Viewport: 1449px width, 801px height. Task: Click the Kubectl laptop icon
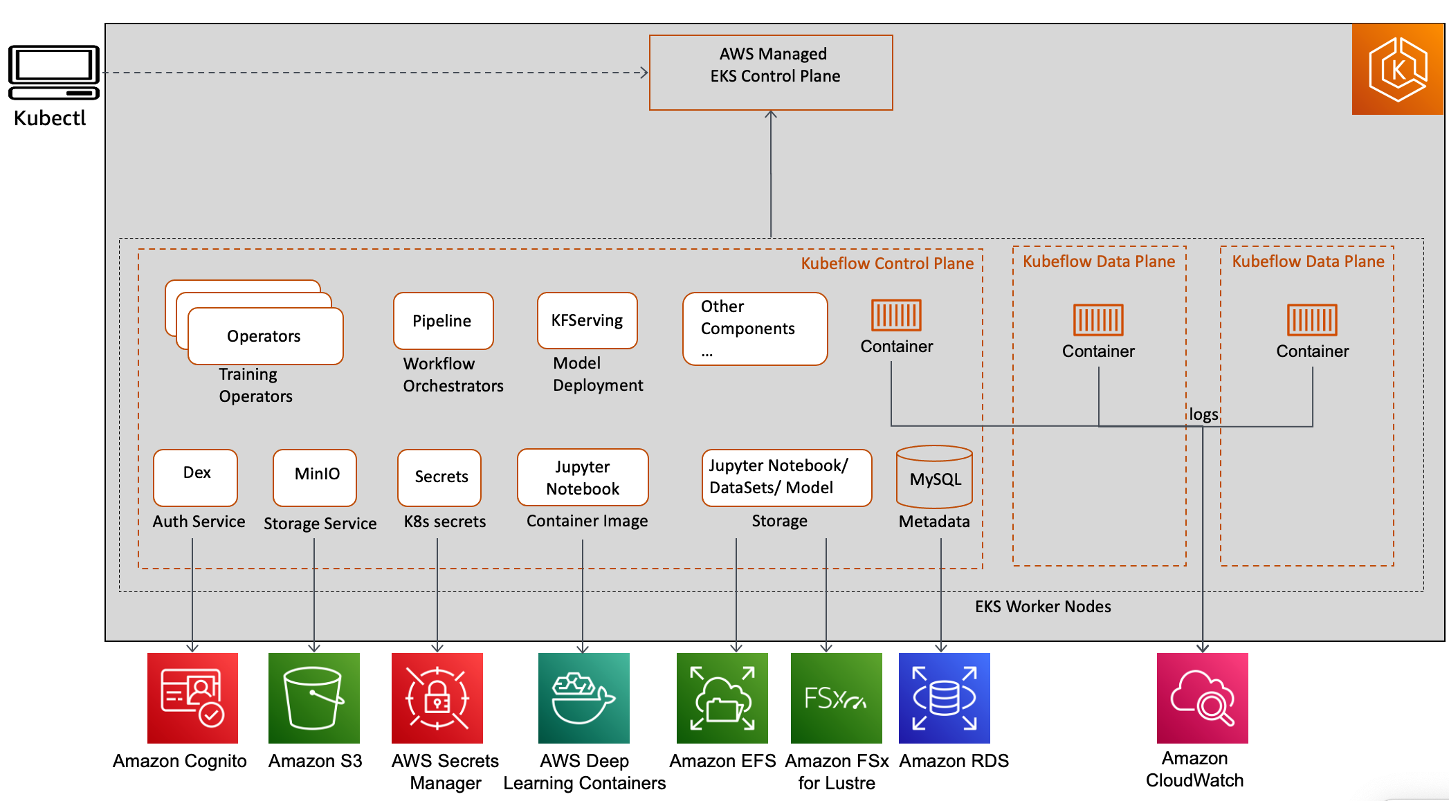click(x=54, y=73)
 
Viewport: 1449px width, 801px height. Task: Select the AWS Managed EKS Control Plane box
click(x=771, y=73)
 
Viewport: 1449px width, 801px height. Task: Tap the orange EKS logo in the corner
click(x=1397, y=69)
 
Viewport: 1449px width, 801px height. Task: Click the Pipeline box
click(x=444, y=321)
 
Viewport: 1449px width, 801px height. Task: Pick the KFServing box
click(x=587, y=320)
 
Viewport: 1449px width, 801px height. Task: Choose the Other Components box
click(x=755, y=329)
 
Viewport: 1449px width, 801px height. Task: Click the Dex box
click(x=195, y=477)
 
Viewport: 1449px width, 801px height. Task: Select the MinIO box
click(x=315, y=477)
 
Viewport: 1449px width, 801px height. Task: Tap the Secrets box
click(x=439, y=477)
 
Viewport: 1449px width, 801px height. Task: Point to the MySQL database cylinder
click(x=934, y=477)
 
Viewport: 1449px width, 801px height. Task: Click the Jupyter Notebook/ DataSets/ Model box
click(x=787, y=477)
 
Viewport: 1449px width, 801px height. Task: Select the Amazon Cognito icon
click(x=192, y=698)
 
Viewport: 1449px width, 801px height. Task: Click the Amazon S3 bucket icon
click(x=314, y=698)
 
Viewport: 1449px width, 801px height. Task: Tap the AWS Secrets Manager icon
click(x=437, y=698)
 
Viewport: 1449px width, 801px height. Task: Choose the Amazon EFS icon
click(x=722, y=698)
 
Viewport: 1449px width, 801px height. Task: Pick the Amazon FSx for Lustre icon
click(x=837, y=698)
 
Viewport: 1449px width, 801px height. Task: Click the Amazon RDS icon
click(x=945, y=698)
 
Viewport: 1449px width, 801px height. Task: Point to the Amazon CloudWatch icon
click(x=1203, y=698)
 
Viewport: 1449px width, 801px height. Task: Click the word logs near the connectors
click(x=1203, y=414)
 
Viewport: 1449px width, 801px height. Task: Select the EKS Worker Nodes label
click(x=1043, y=607)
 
